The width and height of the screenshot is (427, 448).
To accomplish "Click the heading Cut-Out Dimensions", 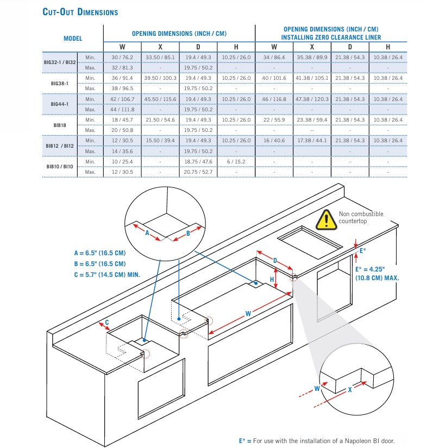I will coord(80,11).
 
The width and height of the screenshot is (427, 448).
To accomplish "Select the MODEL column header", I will coord(72,39).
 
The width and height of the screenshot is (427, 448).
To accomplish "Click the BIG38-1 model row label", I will coord(60,83).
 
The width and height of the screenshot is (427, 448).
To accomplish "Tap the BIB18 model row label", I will coord(60,125).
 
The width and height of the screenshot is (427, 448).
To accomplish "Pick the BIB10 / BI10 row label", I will coord(60,167).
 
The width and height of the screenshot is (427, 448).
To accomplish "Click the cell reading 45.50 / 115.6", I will coord(160,99).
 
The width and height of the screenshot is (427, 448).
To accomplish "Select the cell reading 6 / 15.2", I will coord(236,162).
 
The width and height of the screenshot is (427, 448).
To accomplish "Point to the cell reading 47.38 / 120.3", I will coord(312,99).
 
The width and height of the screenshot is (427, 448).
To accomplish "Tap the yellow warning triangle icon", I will coord(326,219).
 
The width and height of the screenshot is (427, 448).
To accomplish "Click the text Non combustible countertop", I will coord(361,218).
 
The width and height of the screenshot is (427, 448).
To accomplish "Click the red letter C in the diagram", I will coord(107,323).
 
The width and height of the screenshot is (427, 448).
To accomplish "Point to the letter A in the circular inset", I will coord(147,232).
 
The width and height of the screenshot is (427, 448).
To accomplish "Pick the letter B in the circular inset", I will coord(188,233).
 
